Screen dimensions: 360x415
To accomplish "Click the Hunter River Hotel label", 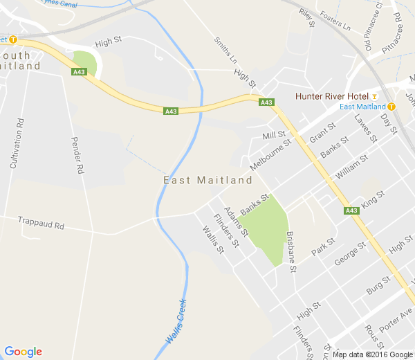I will coord(331,96).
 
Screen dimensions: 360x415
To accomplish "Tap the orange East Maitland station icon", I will coord(391,107).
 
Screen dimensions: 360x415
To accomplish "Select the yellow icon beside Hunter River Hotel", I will coord(374,96).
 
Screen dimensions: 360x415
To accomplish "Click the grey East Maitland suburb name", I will coord(207,180).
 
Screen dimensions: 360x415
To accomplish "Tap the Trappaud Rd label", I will coord(41,225).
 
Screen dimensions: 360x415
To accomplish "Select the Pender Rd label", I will coord(77,155).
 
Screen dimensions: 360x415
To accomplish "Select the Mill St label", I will coord(274,134).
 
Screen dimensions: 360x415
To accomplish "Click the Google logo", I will coord(23,352).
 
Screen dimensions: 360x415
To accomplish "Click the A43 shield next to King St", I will coord(351,210).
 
